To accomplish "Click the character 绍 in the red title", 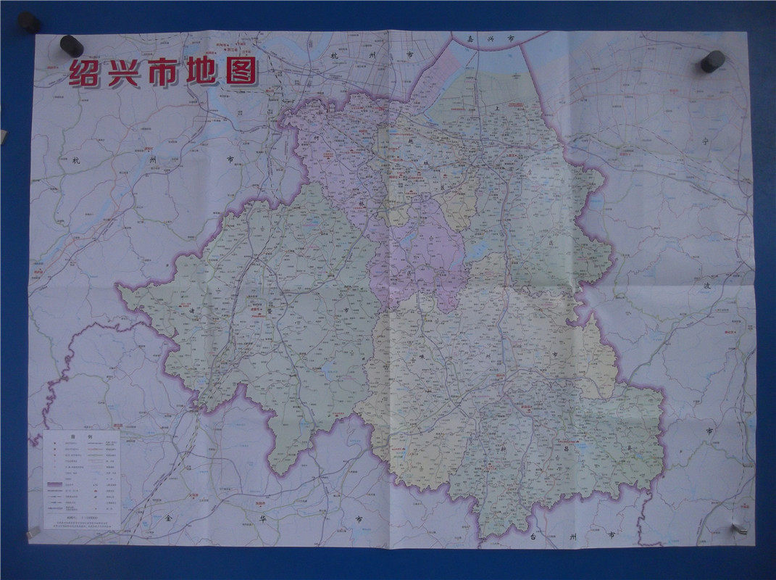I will [84, 73].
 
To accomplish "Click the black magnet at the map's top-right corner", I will [712, 61].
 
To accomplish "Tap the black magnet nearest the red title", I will [71, 45].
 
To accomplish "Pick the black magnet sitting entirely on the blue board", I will [29, 22].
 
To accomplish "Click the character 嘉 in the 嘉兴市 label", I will [472, 39].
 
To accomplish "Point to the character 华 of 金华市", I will [262, 519].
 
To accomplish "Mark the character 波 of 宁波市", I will [707, 286].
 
